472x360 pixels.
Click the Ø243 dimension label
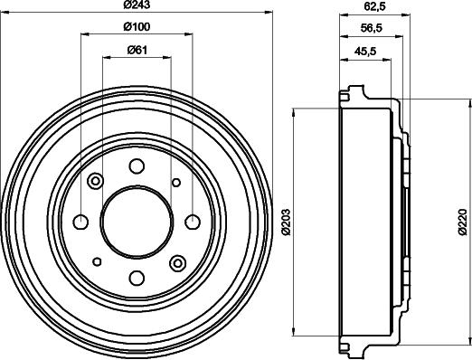[x=137, y=5]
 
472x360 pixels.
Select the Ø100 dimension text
[x=137, y=27]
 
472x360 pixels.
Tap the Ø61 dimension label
[x=137, y=50]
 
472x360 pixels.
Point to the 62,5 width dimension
[x=375, y=6]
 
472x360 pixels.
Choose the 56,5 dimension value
[x=372, y=28]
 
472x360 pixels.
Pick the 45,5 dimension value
[x=365, y=52]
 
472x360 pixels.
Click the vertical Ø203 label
[x=287, y=222]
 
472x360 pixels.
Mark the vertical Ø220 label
[x=462, y=222]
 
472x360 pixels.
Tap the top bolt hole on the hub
[x=137, y=166]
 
